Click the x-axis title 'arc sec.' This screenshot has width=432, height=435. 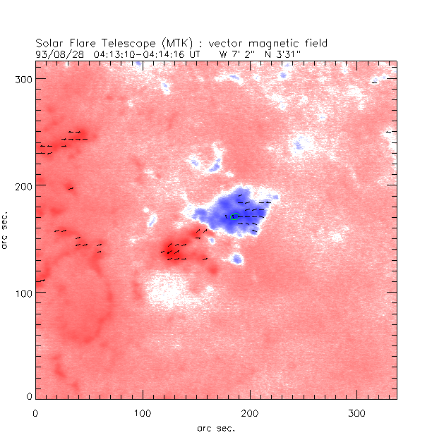coord(216,427)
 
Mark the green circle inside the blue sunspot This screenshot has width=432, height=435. coord(235,216)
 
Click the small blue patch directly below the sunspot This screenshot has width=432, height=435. coord(238,259)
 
